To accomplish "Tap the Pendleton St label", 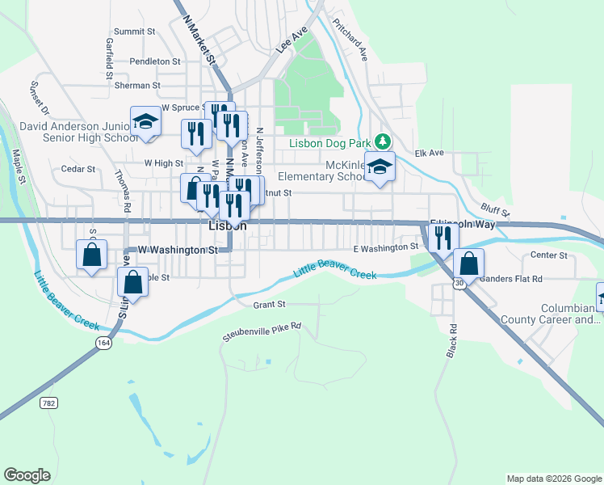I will [155, 61].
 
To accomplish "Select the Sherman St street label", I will [138, 85].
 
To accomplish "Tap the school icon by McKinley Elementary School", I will [380, 167].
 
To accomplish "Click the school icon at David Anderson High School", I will [145, 122].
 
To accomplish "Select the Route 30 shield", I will [459, 284].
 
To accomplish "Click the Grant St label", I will [270, 305].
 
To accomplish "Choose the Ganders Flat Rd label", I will [510, 279].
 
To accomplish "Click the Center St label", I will [551, 255].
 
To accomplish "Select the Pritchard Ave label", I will [356, 42].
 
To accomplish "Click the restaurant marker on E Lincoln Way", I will [443, 237].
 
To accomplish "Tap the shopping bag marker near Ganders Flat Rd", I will [468, 263].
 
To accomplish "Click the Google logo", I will [27, 475].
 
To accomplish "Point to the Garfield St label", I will [108, 56].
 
